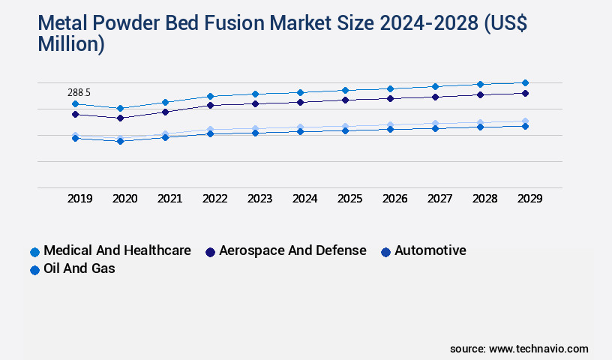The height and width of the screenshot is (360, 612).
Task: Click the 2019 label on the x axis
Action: (x=79, y=199)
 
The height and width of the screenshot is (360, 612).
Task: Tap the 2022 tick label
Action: (x=214, y=199)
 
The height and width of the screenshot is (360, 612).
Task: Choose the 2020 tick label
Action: (x=124, y=199)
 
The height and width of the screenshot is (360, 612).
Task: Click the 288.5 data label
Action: (x=79, y=92)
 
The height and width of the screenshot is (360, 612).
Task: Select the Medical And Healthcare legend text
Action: (x=117, y=250)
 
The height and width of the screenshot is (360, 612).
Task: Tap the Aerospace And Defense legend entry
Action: (x=292, y=250)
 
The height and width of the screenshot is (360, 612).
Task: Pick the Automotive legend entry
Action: (x=430, y=250)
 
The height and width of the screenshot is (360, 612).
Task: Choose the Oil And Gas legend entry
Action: (x=79, y=268)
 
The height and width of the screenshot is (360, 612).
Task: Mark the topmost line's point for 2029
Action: (x=525, y=82)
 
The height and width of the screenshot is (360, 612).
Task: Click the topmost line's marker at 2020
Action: (x=120, y=108)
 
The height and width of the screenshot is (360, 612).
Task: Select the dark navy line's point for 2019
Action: (x=75, y=114)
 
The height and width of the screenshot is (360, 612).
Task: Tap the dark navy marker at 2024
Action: (x=300, y=102)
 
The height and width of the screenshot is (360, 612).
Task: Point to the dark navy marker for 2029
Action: (x=525, y=93)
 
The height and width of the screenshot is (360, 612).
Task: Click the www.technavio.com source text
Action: (x=538, y=349)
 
